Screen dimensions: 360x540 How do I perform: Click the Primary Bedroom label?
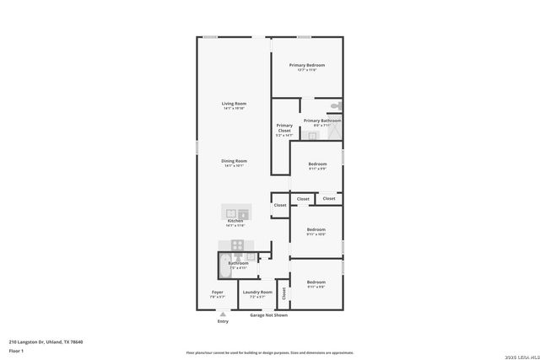306,65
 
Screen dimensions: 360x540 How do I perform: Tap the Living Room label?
234,104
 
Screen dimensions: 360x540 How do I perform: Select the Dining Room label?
234,160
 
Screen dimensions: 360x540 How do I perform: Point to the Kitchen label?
234,220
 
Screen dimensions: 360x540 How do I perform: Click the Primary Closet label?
284,128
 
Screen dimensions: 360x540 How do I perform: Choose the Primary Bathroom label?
321,121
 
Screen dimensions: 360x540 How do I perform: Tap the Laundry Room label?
257,292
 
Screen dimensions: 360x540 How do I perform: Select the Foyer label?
218,292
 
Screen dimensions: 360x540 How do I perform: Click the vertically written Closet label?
284,293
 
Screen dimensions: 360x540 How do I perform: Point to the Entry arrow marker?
223,313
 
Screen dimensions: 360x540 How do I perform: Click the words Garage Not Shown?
268,315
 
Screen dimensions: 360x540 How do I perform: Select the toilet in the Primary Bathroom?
335,106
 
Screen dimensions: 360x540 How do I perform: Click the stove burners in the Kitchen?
238,245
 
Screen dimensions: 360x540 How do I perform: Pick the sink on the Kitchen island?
229,211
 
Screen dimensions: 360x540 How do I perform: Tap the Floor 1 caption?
17,350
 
